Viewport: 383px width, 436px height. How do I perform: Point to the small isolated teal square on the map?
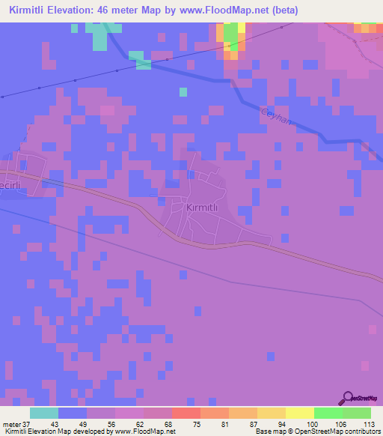point(183,92)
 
